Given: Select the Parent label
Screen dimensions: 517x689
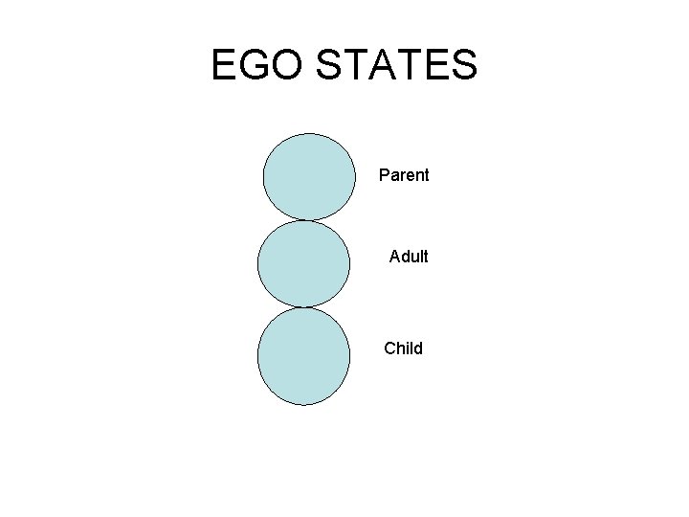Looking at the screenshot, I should click(404, 175).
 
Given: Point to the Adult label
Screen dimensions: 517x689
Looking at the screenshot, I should click(409, 257).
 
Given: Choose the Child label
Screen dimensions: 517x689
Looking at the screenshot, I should click(403, 348).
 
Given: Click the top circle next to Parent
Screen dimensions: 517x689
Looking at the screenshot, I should click(309, 177).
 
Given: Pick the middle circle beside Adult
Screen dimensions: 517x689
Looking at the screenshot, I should click(303, 264).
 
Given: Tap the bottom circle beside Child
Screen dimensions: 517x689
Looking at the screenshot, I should click(303, 355).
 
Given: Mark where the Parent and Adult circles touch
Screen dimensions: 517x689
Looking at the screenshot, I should click(306, 221).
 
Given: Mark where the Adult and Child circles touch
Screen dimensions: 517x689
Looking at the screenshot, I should click(303, 307).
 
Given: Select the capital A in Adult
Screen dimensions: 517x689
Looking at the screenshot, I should click(395, 257).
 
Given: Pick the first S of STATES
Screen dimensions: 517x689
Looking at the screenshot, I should click(328, 66).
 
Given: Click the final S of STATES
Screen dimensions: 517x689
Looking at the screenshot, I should click(462, 66).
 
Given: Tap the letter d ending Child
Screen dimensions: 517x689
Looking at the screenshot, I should click(417, 348).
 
